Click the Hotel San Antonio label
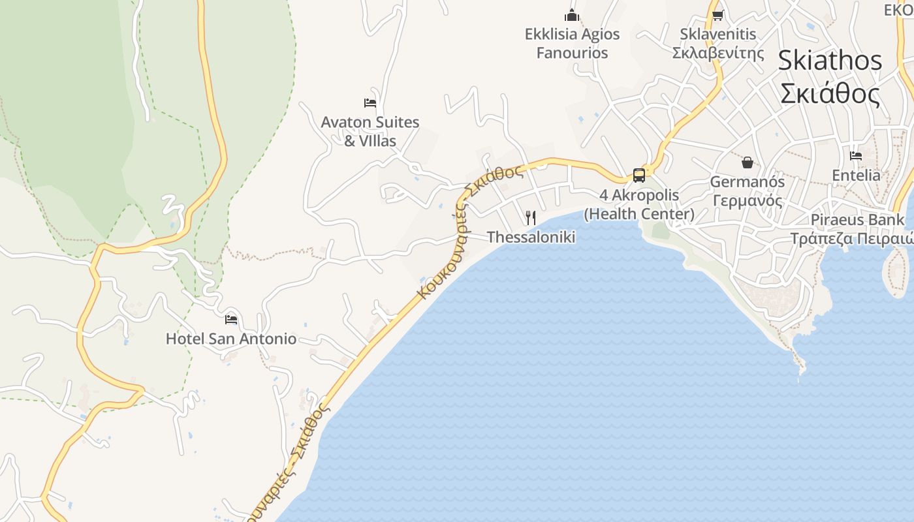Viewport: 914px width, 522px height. click(x=230, y=339)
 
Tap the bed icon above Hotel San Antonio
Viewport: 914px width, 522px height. click(x=230, y=319)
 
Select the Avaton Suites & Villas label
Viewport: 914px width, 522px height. click(x=370, y=130)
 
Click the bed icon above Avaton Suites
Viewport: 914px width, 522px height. click(x=370, y=102)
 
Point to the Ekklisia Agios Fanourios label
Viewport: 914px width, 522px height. click(x=573, y=43)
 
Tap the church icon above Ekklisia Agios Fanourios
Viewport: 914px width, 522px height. click(x=573, y=15)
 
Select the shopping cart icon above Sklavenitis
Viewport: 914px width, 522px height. click(x=718, y=15)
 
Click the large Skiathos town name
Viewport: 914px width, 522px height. click(x=830, y=61)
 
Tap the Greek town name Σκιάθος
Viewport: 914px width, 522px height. click(x=830, y=93)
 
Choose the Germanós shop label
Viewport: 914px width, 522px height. click(x=748, y=181)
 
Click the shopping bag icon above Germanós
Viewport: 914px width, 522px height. click(x=748, y=162)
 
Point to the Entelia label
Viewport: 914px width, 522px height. click(x=856, y=175)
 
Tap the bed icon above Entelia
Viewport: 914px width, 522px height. click(x=856, y=156)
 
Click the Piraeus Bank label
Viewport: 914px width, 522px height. click(x=857, y=219)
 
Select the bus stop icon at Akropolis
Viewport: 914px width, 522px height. click(x=639, y=175)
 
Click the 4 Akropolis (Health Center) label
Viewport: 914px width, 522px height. click(x=639, y=204)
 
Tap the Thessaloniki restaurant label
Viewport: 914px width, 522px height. click(x=531, y=237)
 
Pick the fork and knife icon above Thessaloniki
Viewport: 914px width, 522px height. click(x=531, y=217)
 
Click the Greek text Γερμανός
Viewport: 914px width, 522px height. click(x=748, y=200)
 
